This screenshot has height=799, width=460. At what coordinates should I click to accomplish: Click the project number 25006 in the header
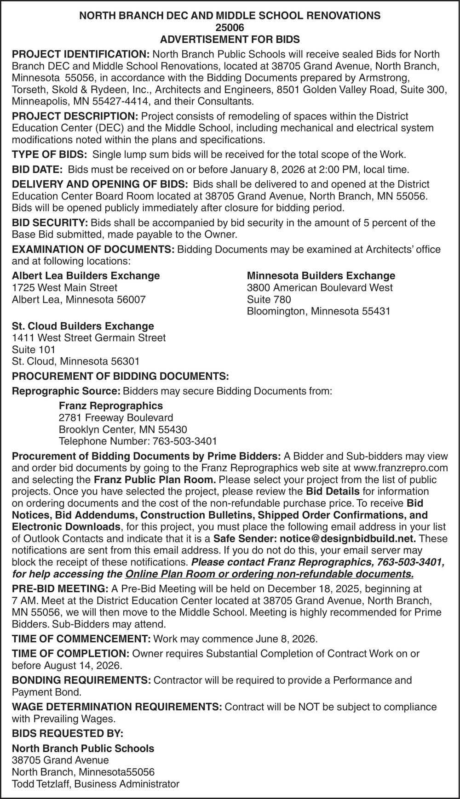(230, 28)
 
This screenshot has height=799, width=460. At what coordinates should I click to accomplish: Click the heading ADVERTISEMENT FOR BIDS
(230, 39)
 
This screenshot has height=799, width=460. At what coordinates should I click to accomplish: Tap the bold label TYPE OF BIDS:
(49, 154)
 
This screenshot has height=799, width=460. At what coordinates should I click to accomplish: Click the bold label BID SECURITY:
(50, 223)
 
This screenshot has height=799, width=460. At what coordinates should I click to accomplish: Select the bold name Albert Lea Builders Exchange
(86, 276)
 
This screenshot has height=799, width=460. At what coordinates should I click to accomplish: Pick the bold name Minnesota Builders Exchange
(321, 276)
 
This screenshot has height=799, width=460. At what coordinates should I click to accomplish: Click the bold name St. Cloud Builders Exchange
(83, 326)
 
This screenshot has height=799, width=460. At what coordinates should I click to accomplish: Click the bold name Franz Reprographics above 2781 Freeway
(110, 406)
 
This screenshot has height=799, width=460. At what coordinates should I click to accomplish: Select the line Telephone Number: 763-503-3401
(138, 441)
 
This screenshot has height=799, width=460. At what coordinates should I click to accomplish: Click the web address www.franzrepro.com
(400, 468)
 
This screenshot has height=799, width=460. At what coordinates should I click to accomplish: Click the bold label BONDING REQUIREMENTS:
(81, 680)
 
